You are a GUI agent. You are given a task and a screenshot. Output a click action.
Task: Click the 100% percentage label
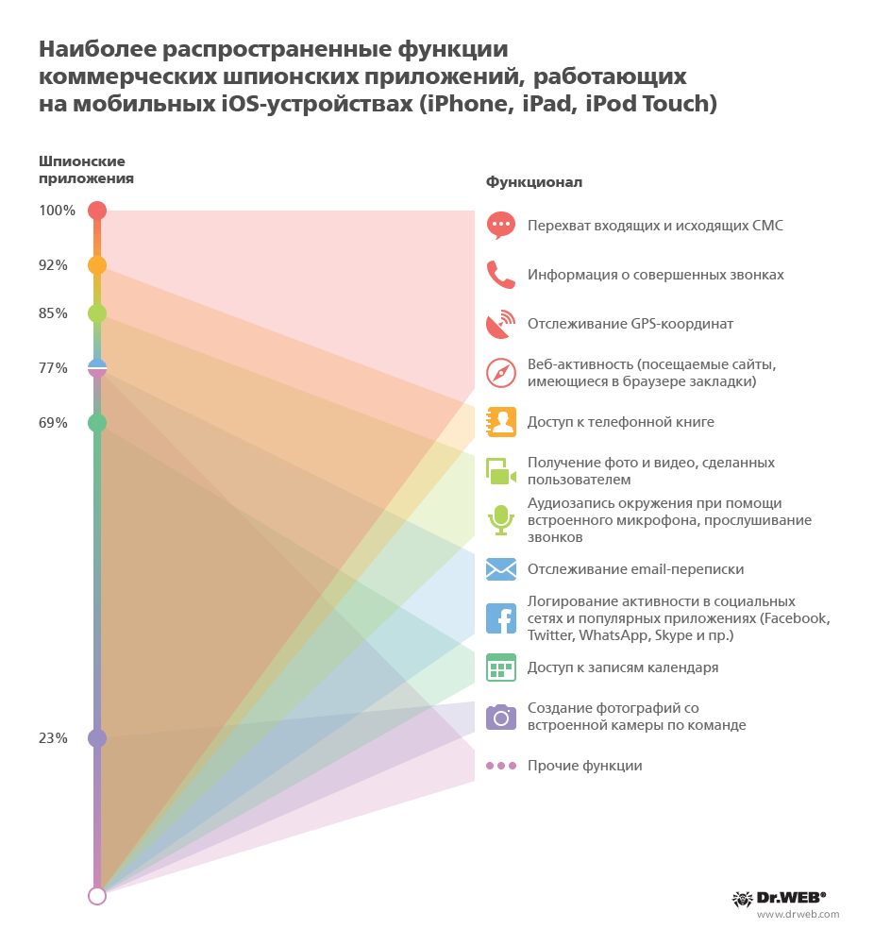tap(57, 211)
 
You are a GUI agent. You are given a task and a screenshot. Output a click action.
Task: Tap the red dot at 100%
tap(96, 211)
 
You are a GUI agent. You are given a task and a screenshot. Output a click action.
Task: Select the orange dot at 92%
tap(96, 265)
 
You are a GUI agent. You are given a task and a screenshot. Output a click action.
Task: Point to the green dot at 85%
tap(96, 313)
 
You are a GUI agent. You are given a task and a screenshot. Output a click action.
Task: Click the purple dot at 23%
tap(96, 738)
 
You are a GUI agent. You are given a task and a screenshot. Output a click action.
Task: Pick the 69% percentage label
tap(53, 423)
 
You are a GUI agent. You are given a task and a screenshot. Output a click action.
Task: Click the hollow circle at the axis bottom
tap(96, 896)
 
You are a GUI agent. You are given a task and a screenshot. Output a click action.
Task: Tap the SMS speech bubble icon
tap(500, 225)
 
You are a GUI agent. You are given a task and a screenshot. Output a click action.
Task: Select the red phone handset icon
tap(500, 274)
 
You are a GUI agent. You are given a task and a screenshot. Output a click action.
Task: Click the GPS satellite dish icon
tap(500, 324)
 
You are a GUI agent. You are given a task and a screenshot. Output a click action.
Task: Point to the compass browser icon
tap(500, 373)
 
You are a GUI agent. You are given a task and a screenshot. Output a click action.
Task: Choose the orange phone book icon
tap(500, 422)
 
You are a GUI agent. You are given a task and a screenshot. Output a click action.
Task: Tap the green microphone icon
tap(500, 519)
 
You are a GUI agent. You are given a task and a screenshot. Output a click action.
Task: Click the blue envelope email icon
tap(500, 569)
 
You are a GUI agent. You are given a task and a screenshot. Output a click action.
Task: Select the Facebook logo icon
tap(500, 618)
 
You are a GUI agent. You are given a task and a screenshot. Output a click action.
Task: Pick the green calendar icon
tap(500, 667)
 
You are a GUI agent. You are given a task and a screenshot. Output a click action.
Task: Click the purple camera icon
tap(500, 717)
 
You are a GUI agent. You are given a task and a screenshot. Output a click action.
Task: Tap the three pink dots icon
tap(500, 766)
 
